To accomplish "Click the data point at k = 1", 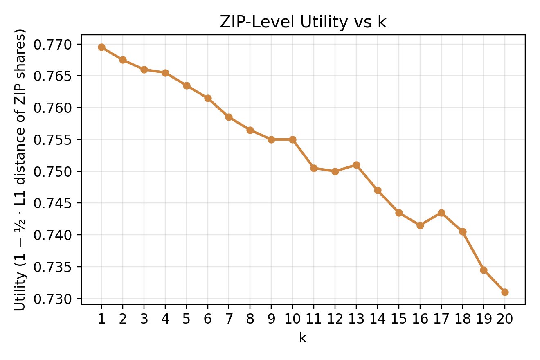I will (x=101, y=47).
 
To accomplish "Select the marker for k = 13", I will (x=356, y=165).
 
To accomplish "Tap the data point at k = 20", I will (x=505, y=292).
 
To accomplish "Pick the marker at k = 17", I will (x=441, y=213).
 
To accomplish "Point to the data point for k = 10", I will (x=292, y=139).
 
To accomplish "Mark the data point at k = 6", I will (x=208, y=98).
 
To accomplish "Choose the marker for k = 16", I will (x=420, y=225).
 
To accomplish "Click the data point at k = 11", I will (x=314, y=168).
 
